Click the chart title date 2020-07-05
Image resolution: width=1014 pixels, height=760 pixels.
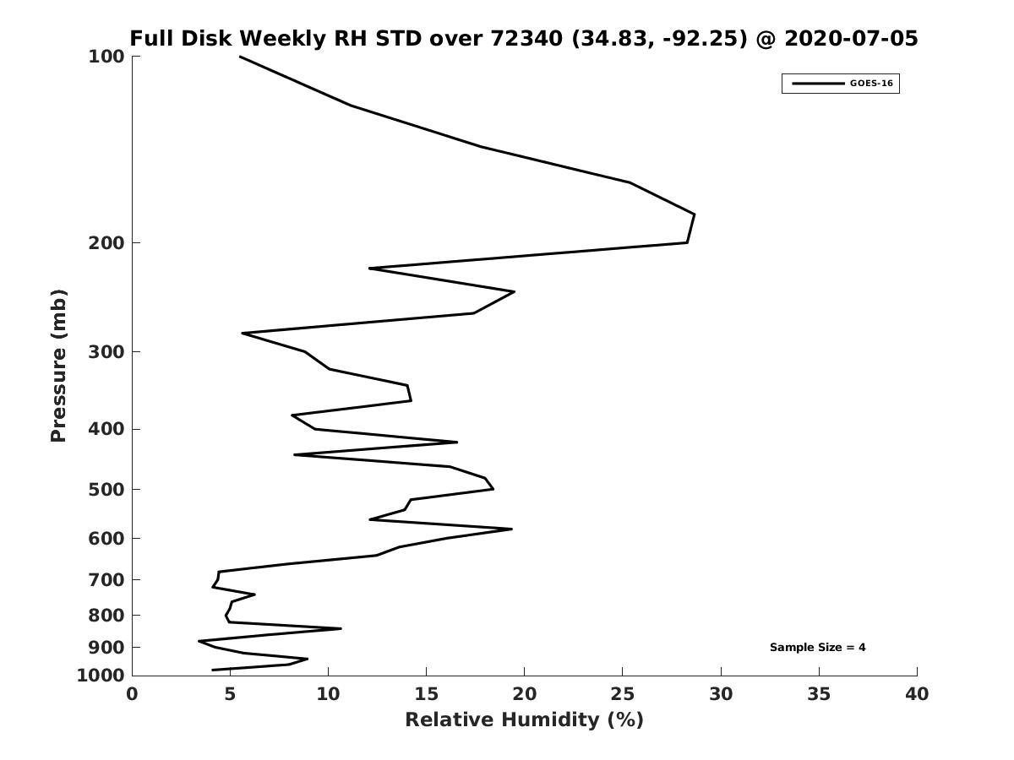[x=851, y=38]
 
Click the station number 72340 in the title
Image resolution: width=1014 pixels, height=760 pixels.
[x=526, y=38]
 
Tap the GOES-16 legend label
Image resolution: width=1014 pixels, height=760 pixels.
[x=871, y=84]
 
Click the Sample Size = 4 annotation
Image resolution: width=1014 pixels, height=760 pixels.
[x=817, y=648]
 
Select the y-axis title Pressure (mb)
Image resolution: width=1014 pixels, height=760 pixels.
[x=58, y=366]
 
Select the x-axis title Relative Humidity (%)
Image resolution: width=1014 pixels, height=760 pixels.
[x=525, y=719]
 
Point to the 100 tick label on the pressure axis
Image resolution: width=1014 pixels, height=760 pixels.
[x=106, y=57]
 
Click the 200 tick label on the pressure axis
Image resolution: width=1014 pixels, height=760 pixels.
[x=106, y=242]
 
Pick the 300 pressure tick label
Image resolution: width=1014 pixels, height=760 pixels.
[x=106, y=351]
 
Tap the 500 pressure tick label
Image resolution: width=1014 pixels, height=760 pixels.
[x=106, y=489]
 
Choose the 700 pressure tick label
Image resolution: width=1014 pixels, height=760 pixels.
[x=106, y=579]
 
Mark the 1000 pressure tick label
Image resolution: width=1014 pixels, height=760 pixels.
[x=101, y=676]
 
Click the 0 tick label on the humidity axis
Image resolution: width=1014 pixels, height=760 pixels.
[x=132, y=694]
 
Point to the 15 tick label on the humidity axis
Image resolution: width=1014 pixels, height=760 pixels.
[x=426, y=694]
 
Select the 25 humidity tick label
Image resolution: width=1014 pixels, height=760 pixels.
[x=622, y=694]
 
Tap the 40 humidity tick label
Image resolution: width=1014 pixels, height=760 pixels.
[x=917, y=694]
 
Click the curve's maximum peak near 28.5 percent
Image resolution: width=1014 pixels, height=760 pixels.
[x=694, y=214]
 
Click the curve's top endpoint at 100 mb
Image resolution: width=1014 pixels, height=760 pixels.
[x=240, y=57]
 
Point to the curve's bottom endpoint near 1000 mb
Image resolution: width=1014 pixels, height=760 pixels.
[x=212, y=670]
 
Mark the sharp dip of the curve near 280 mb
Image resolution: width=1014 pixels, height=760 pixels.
[x=243, y=334]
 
